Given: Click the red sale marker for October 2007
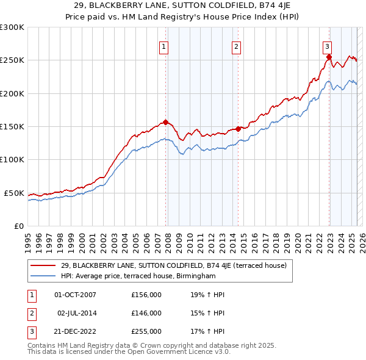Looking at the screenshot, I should pyautogui.click(x=165, y=123).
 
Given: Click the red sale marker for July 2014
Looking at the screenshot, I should pyautogui.click(x=238, y=129).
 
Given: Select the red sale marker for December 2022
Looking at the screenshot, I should pyautogui.click(x=329, y=57).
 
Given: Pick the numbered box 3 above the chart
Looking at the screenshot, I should pyautogui.click(x=327, y=46).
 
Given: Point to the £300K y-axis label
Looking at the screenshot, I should pyautogui.click(x=12, y=27).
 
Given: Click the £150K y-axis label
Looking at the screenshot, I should pyautogui.click(x=12, y=127).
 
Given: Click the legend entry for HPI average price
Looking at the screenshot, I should pyautogui.click(x=138, y=276).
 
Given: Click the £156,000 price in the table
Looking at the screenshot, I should pyautogui.click(x=146, y=295).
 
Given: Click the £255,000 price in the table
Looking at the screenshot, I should pyautogui.click(x=146, y=331).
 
